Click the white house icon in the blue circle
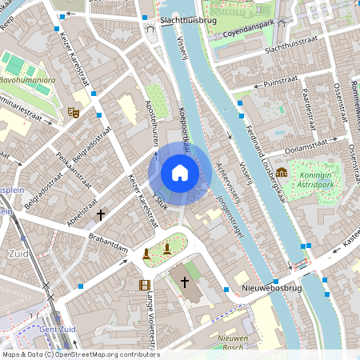[x=180, y=173]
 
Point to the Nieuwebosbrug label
[x=271, y=289]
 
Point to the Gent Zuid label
[x=52, y=330]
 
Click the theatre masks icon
[x=74, y=113]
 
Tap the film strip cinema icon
[x=145, y=285]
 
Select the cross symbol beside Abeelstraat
[x=101, y=214]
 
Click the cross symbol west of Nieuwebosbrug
[x=185, y=282]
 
